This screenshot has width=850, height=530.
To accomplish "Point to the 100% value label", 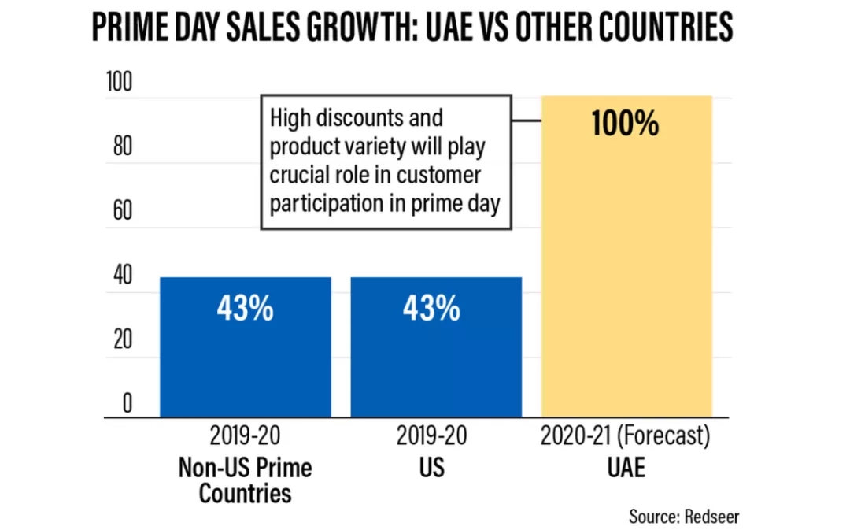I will (x=625, y=124).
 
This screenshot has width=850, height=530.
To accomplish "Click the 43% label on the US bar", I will (x=431, y=309).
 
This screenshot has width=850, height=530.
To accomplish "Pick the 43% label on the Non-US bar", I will (x=245, y=309).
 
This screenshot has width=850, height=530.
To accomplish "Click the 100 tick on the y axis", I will (x=121, y=83).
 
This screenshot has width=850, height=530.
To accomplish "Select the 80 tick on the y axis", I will (x=121, y=147).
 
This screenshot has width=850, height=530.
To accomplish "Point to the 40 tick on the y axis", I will (x=121, y=276).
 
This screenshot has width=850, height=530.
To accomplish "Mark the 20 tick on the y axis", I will (x=121, y=340).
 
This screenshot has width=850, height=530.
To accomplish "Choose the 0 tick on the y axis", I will (x=127, y=404).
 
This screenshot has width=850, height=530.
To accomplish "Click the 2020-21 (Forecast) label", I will (x=626, y=436).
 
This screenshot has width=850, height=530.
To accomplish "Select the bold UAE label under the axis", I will (x=626, y=467).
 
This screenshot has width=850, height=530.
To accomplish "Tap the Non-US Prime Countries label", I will (x=245, y=480).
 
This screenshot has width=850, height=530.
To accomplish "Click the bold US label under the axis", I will (x=432, y=467).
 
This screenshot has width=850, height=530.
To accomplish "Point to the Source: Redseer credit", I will (x=684, y=516).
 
